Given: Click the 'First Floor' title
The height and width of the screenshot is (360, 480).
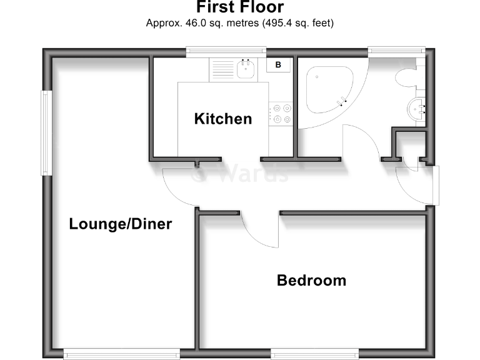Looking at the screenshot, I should click(x=240, y=7).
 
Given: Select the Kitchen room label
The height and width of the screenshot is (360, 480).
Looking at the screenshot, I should click(x=223, y=118).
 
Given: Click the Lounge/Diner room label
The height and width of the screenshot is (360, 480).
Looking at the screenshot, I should click(x=120, y=224).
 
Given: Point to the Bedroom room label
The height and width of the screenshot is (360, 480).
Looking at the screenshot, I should click(x=311, y=281).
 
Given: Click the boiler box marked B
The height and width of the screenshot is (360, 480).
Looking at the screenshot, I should click(x=278, y=64).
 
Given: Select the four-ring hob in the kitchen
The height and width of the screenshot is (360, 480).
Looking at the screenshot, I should click(x=281, y=114).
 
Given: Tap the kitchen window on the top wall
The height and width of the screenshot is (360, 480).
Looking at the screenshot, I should click(x=226, y=51).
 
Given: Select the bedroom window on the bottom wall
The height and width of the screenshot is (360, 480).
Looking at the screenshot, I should click(x=314, y=354).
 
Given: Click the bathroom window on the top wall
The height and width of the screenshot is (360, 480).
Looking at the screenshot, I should click(x=396, y=51).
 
